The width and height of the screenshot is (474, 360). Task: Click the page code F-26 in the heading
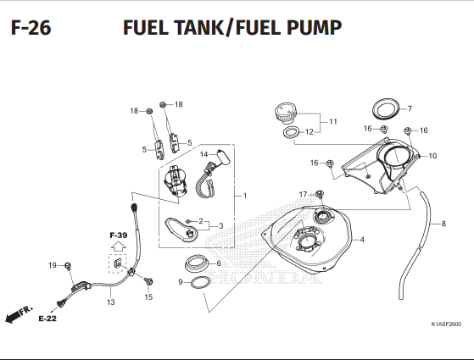pyautogui.click(x=31, y=29)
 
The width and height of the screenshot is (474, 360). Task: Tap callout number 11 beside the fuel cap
pyautogui.click(x=333, y=122)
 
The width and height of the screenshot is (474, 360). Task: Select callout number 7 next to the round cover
pyautogui.click(x=409, y=108)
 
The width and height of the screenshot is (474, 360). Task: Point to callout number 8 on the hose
pyautogui.click(x=443, y=224)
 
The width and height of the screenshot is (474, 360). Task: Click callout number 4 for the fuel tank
pyautogui.click(x=362, y=240)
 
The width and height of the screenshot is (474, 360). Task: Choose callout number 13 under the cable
pyautogui.click(x=110, y=302)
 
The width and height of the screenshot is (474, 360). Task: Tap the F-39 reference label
pyautogui.click(x=117, y=235)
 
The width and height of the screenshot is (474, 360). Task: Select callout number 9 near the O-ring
pyautogui.click(x=181, y=281)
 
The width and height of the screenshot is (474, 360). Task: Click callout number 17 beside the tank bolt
pyautogui.click(x=303, y=195)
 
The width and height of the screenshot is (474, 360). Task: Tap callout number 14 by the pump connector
pyautogui.click(x=204, y=154)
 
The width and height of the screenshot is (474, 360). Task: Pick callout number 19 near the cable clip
pyautogui.click(x=52, y=265)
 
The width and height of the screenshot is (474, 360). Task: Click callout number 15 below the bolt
pyautogui.click(x=148, y=297)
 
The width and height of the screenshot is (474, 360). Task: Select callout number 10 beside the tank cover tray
pyautogui.click(x=432, y=156)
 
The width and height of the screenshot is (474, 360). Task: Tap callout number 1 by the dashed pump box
pyautogui.click(x=244, y=196)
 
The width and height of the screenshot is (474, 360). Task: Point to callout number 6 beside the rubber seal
pyautogui.click(x=219, y=263)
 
